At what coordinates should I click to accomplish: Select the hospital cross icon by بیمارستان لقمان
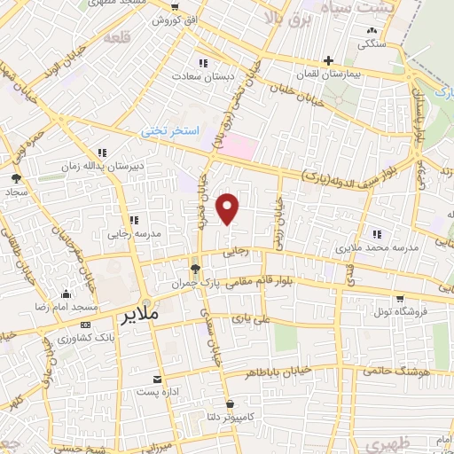click(x=328, y=61)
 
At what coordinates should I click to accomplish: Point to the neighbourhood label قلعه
click(x=115, y=38)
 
